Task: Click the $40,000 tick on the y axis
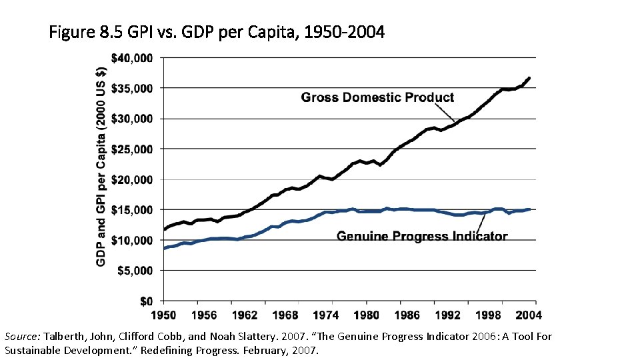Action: click(131, 59)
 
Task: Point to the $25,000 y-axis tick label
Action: click(131, 149)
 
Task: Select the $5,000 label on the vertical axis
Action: click(133, 271)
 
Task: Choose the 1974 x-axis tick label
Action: click(326, 315)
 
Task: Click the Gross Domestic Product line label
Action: click(377, 97)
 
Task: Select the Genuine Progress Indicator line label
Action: click(422, 236)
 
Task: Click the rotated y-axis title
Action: click(101, 157)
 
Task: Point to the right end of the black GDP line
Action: click(529, 78)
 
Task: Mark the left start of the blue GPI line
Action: click(163, 249)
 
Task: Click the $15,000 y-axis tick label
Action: click(131, 210)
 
